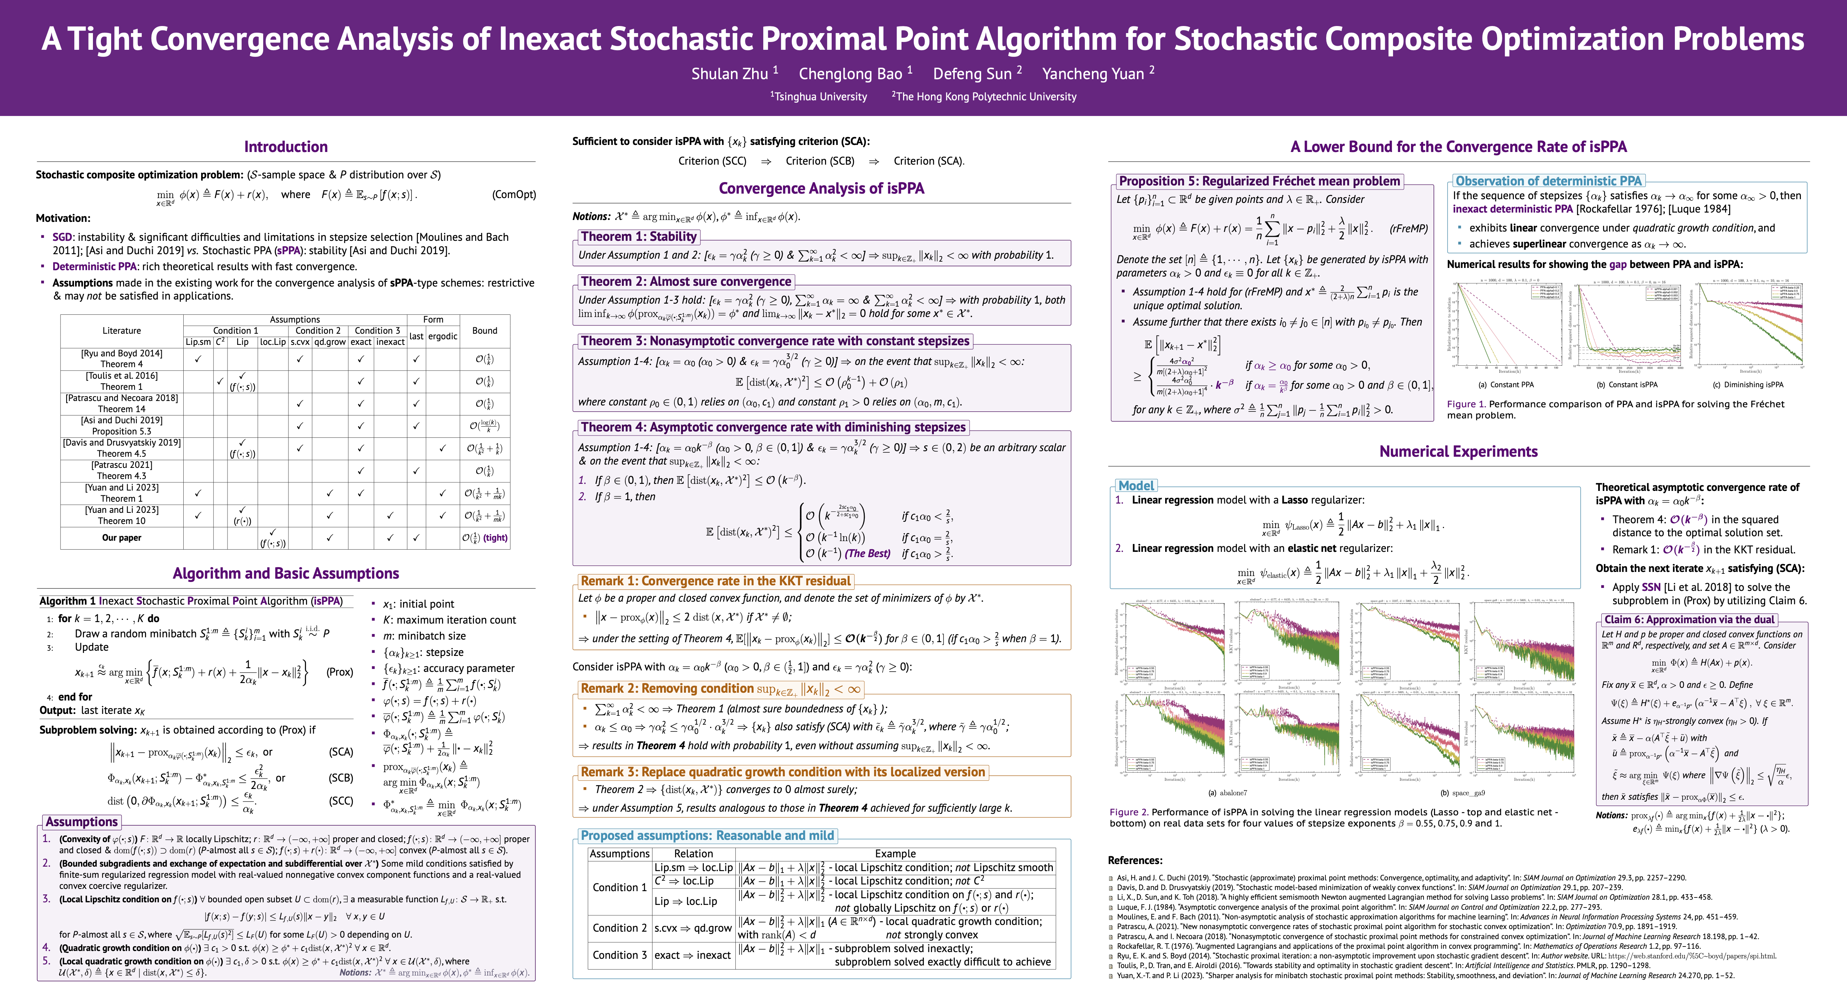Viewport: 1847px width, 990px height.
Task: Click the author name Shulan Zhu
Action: [x=730, y=74]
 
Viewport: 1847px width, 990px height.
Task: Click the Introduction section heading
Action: [x=286, y=147]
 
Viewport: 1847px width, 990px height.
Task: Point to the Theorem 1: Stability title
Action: [x=638, y=237]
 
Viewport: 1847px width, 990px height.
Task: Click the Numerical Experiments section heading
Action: [x=1458, y=452]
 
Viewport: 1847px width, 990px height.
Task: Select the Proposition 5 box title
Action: [x=1259, y=181]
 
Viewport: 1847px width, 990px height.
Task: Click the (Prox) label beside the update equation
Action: [x=339, y=672]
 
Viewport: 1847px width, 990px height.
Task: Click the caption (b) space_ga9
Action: [x=1463, y=793]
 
